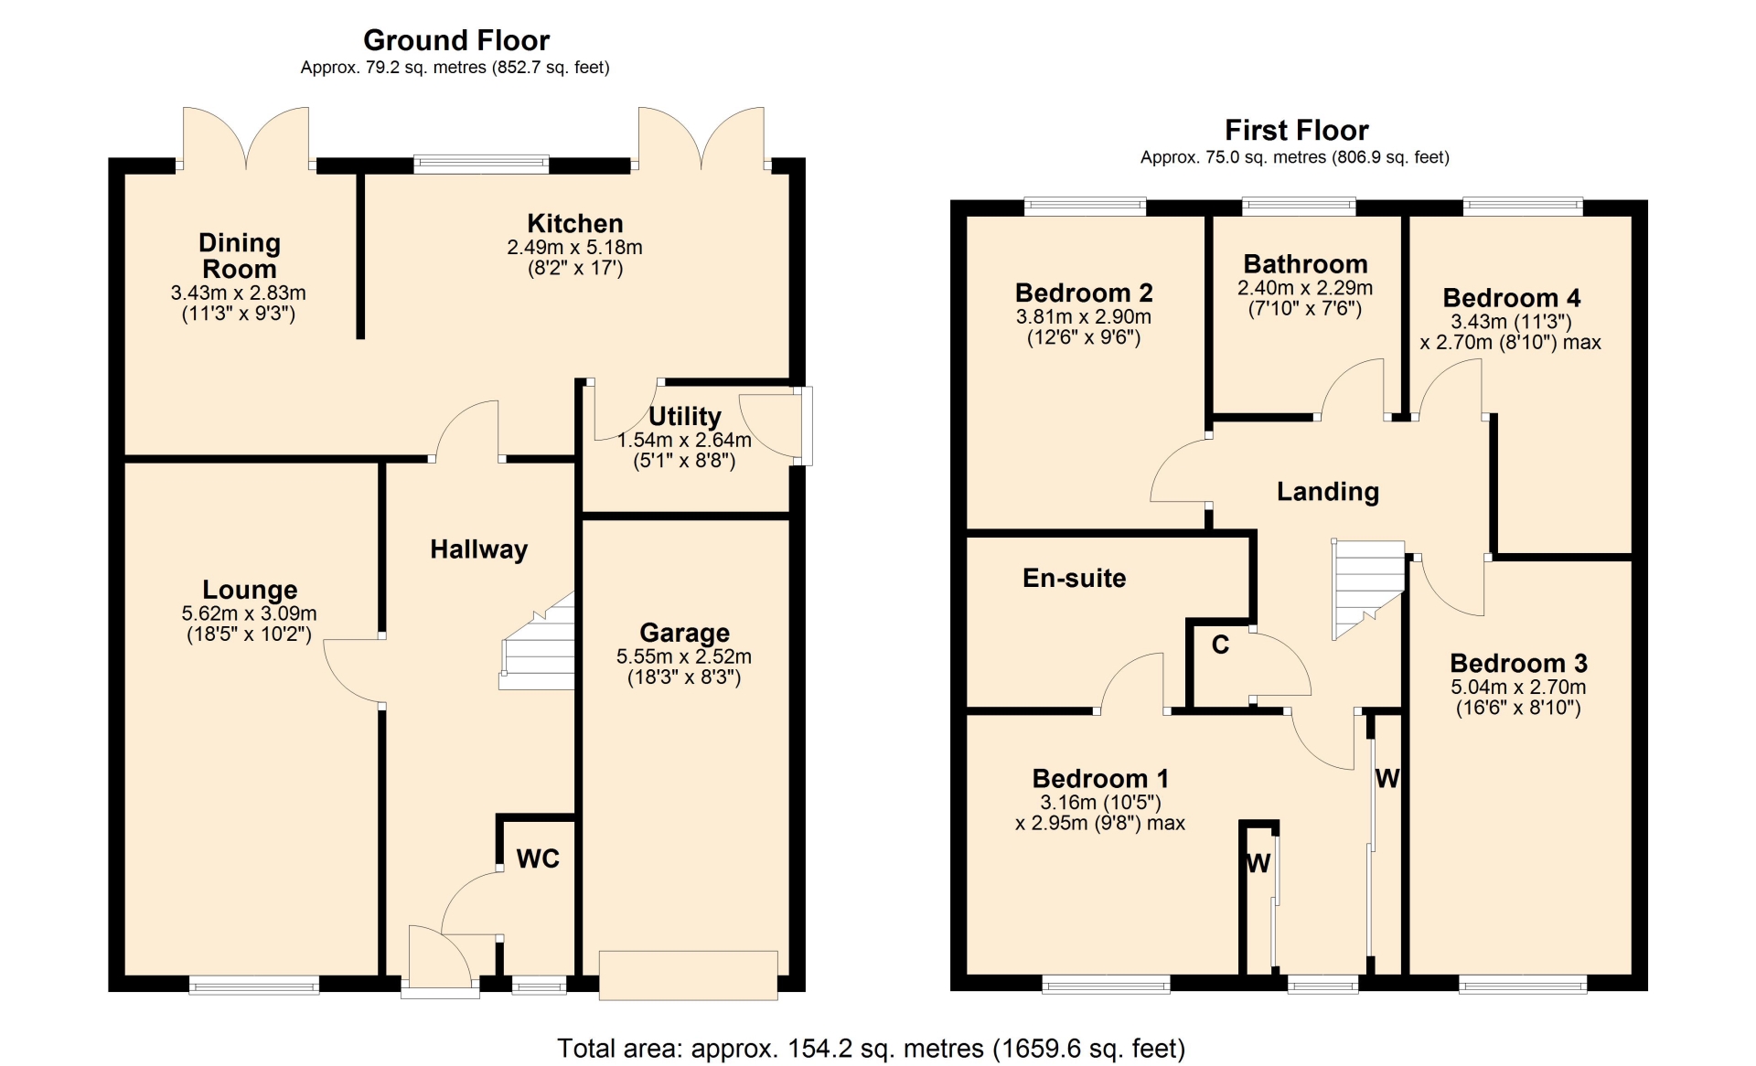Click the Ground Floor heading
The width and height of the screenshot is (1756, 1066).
coord(456,40)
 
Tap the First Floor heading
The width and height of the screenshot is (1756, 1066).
coord(1296,130)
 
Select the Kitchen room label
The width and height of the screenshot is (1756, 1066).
coord(575,223)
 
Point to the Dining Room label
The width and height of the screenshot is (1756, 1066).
coord(240,255)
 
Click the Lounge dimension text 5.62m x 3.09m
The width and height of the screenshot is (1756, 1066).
coord(250,613)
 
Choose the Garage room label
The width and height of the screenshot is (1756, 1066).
coord(684,633)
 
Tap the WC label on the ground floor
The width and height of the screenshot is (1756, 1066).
coord(538,858)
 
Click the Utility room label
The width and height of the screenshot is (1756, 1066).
coord(685,417)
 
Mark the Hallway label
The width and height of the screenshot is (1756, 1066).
coord(479,549)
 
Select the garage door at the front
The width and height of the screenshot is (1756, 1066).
coord(688,975)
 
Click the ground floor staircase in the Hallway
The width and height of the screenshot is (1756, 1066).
coord(538,641)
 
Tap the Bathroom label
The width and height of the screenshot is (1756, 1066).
coord(1305,264)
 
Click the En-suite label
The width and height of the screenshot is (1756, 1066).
coord(1075,578)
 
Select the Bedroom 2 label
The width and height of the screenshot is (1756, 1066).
coord(1084,293)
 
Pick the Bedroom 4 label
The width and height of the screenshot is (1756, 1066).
coord(1511,298)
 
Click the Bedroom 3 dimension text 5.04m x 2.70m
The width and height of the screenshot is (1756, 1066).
coord(1518,687)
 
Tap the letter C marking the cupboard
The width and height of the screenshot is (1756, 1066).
coord(1220,645)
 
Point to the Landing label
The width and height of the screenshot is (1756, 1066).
coord(1328,492)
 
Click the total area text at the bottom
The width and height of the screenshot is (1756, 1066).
coord(871,1048)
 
